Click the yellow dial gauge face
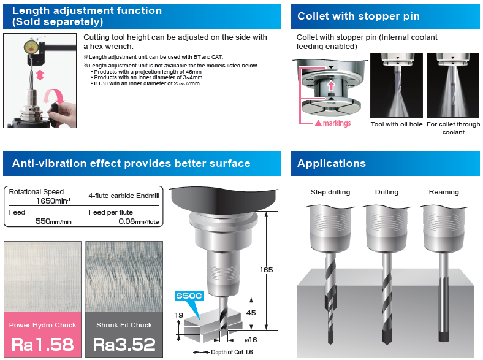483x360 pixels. point(31,47)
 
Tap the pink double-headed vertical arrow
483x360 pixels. point(40,75)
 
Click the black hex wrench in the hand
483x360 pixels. point(54,114)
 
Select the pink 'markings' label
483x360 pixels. point(337,123)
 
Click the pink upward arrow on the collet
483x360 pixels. point(331,85)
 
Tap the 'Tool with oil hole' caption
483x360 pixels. point(397,124)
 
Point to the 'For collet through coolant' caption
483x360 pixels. point(453,128)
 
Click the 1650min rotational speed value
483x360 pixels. point(53,201)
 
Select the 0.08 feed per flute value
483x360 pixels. point(139,221)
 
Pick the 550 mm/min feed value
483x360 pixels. point(53,221)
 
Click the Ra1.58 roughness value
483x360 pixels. point(42,345)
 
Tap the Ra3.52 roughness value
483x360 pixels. point(124,345)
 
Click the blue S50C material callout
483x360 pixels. point(189,296)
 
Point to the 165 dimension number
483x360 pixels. point(266,270)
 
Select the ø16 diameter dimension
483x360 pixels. point(251,340)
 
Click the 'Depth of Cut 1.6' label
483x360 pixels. point(232,352)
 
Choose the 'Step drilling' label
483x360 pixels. point(330,192)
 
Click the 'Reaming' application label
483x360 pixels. point(444,192)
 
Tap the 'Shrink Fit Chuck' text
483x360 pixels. point(124,325)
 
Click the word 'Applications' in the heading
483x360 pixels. point(332,163)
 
